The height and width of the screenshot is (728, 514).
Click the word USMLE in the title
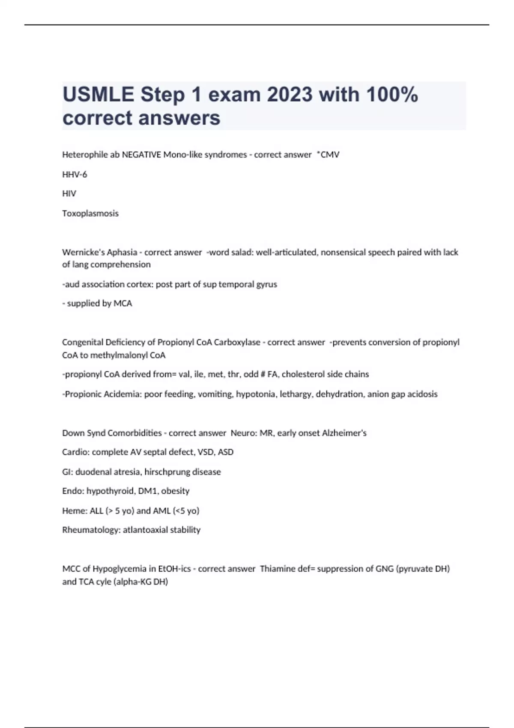click(x=98, y=94)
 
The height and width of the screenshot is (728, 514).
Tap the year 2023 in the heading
click(x=290, y=94)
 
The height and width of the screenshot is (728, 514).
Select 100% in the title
click(x=392, y=94)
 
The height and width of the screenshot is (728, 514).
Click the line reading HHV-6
click(x=75, y=174)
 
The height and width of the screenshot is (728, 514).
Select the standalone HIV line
click(x=69, y=194)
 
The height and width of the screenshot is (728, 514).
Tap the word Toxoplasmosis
click(x=90, y=213)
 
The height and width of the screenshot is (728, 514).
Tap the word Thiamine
click(x=278, y=569)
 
